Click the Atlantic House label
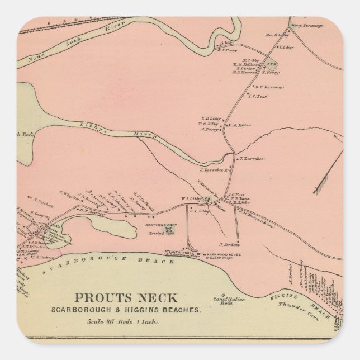[178, 254]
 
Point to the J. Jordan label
[229, 245]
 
